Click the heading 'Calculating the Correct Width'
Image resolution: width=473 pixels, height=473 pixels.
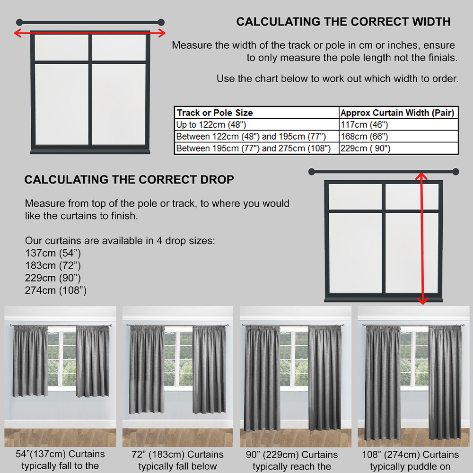[343, 22]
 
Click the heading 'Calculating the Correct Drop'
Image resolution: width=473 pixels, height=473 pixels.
[129, 179]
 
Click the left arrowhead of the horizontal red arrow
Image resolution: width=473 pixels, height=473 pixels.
[18, 33]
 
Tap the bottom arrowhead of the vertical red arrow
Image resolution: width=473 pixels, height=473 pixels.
[422, 301]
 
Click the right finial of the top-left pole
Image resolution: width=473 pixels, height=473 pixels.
[161, 22]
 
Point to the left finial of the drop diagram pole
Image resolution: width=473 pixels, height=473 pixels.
[312, 172]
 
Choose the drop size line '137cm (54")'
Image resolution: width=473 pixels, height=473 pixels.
[53, 253]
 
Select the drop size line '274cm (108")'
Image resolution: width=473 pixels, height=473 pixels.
[56, 290]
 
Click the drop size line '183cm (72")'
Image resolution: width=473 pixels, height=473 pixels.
[53, 265]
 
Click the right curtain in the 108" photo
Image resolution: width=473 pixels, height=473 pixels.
[445, 382]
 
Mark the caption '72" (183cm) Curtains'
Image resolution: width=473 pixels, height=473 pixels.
[177, 454]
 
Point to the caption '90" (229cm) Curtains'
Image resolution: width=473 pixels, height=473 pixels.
[292, 454]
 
